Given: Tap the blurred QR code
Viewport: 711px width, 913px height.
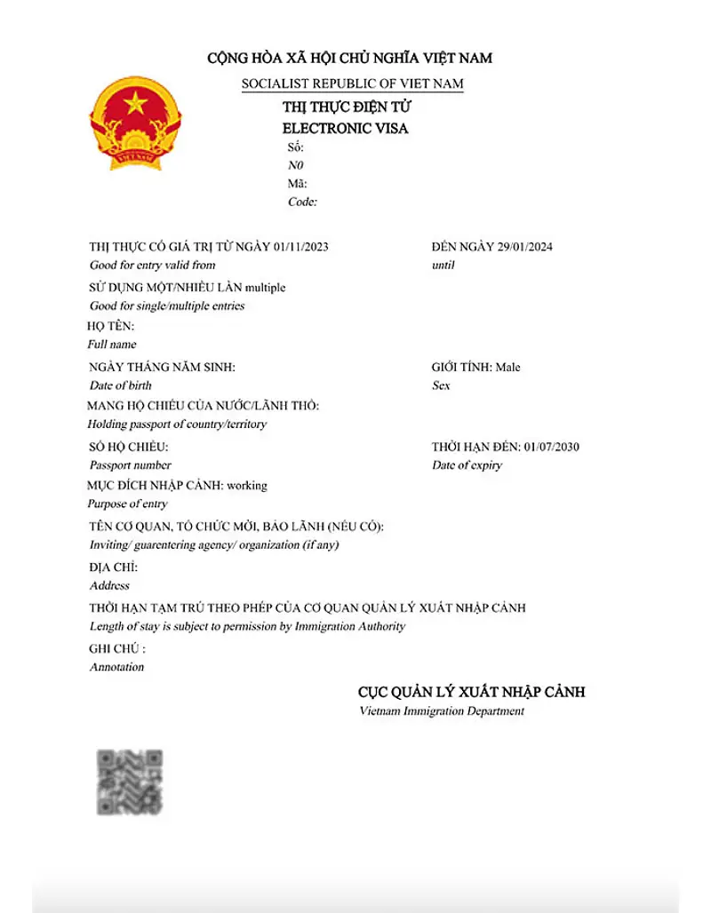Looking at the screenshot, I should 130,782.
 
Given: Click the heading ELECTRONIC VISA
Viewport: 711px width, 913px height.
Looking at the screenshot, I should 345,128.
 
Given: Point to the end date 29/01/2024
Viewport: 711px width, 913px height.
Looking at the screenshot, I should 523,247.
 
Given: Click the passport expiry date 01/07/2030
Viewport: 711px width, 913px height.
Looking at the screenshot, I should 552,447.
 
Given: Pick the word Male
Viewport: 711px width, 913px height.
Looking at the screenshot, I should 508,367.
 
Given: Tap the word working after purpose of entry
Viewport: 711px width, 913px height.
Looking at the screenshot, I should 247,486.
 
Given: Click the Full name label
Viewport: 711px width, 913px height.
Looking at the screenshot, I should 112,345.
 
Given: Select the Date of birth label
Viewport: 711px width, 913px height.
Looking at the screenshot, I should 121,385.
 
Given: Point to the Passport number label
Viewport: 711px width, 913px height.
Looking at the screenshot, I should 131,465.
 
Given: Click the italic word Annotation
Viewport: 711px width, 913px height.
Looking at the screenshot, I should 116,667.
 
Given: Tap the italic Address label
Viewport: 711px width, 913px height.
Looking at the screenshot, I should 109,586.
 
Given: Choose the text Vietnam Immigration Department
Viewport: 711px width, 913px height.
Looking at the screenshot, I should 442,711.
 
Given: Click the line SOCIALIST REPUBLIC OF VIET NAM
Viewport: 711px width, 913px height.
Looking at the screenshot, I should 352,83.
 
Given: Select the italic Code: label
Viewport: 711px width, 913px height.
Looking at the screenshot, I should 302,202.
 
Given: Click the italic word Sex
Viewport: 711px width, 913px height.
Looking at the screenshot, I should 441,385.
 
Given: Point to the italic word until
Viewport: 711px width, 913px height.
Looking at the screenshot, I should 443,266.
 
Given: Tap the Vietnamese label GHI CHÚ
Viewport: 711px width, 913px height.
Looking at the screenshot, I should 117,648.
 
